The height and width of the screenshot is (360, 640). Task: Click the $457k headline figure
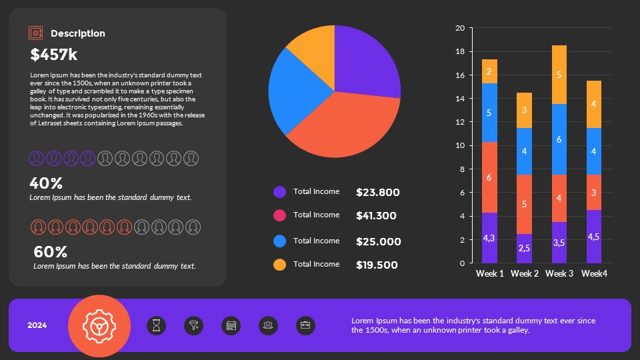pyautogui.click(x=54, y=55)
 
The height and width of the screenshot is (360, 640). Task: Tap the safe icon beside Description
pyautogui.click(x=36, y=33)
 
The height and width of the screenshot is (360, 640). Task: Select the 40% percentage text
pyautogui.click(x=46, y=183)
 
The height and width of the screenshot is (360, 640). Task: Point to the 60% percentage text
pyautogui.click(x=51, y=252)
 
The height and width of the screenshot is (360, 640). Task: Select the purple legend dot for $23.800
pyautogui.click(x=280, y=192)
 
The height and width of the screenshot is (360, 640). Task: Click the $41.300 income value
pyautogui.click(x=376, y=216)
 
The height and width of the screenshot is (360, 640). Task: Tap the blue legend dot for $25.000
pyautogui.click(x=280, y=241)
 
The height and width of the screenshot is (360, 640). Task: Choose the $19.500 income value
pyautogui.click(x=377, y=265)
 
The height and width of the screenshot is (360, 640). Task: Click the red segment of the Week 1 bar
pyautogui.click(x=489, y=177)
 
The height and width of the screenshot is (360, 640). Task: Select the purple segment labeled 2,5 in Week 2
pyautogui.click(x=524, y=248)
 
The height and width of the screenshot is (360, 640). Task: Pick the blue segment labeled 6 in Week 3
pyautogui.click(x=559, y=139)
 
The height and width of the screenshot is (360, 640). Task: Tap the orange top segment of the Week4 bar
pyautogui.click(x=593, y=104)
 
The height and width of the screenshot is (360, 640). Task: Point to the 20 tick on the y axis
pyautogui.click(x=459, y=28)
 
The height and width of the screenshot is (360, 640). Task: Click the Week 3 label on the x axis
pyautogui.click(x=559, y=274)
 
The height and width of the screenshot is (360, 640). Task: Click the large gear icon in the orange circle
pyautogui.click(x=99, y=325)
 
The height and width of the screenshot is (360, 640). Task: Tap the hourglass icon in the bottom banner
pyautogui.click(x=156, y=326)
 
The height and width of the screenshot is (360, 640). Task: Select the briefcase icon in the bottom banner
pyautogui.click(x=305, y=326)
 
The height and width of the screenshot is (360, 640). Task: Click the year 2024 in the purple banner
pyautogui.click(x=37, y=326)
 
